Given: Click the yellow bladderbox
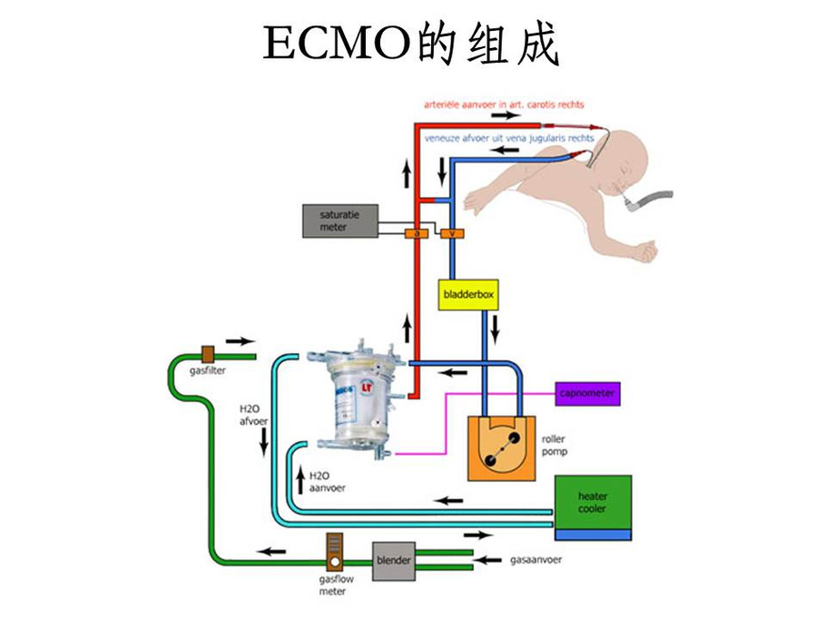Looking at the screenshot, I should tap(468, 295).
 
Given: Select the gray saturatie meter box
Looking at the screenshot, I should tap(339, 221).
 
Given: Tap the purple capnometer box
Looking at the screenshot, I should tap(587, 393).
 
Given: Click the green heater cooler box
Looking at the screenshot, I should tap(592, 502).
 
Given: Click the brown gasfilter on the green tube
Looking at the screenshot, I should tap(208, 352).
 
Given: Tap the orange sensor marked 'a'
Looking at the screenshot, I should tap(416, 234).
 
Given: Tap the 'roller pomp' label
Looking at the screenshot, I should tap(554, 445).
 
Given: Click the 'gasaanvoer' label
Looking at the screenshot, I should tap(535, 559).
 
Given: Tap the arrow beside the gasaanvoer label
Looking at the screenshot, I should tap(491, 560).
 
